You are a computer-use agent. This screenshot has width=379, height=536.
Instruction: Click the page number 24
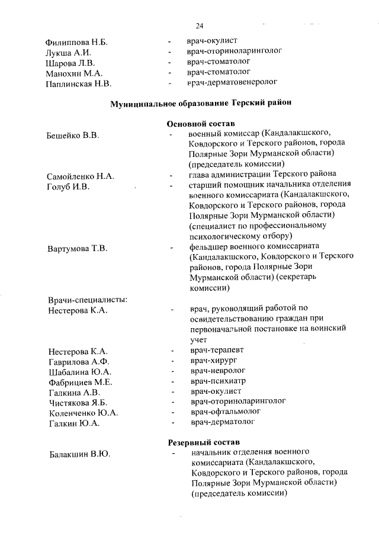[199, 25]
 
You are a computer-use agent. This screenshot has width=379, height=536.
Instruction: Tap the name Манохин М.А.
[75, 73]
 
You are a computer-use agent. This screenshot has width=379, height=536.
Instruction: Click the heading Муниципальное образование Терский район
[201, 104]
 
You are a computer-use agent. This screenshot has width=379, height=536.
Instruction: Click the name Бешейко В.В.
[72, 136]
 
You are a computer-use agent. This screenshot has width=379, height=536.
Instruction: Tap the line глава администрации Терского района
[263, 175]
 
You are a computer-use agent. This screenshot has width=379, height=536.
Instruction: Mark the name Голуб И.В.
[68, 187]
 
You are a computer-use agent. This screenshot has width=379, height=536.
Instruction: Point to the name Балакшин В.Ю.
[80, 455]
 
